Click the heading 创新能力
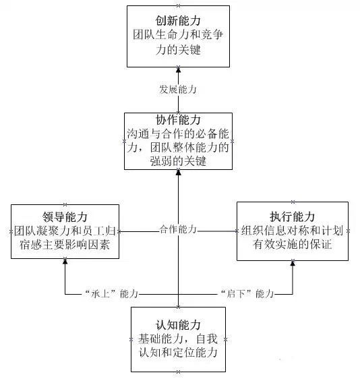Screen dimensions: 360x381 coord(178,21)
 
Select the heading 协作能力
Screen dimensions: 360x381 coord(178,120)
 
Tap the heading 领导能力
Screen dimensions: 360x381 coord(65,216)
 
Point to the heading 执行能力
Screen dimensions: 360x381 coord(292,216)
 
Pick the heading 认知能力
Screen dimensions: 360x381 coord(178,325)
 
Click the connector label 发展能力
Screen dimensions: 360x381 coord(178,90)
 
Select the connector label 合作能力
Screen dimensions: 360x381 coord(178,229)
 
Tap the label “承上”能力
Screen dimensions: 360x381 coord(111,294)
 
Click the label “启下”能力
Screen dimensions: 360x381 coord(247,294)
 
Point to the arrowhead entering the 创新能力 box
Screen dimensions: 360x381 coord(178,70)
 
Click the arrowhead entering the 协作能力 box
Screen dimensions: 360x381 coord(178,173)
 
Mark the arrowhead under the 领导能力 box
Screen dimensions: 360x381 coord(65,262)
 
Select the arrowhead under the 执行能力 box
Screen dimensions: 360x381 coord(293,264)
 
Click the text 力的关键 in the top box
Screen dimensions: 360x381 coord(178,50)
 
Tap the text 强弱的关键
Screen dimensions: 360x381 coord(178,161)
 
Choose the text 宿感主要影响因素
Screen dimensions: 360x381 coord(65,244)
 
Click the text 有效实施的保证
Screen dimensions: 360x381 coord(292,244)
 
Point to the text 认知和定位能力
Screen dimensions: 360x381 coord(178,353)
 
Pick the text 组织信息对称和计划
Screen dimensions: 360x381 coord(292,231)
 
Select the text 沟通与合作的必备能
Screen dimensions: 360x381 coord(178,134)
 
